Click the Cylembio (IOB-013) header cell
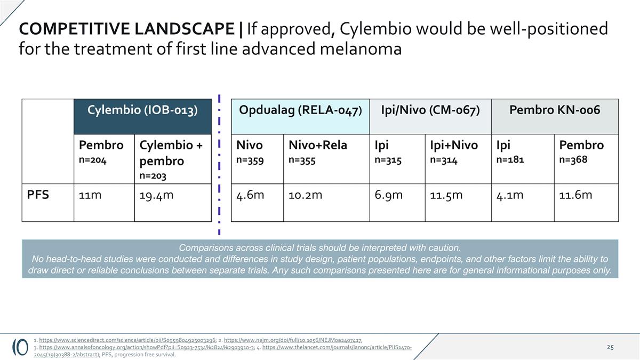(142, 110)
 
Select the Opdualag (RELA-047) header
(301, 110)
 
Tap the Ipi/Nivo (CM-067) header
(430, 110)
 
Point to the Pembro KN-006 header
(555, 110)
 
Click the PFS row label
(38, 195)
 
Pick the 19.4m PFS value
(156, 195)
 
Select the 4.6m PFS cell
(250, 195)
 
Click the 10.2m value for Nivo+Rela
(305, 195)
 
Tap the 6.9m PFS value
(389, 195)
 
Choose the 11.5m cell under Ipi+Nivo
(446, 195)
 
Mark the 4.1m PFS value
(510, 195)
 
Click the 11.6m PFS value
(575, 195)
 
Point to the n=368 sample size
(573, 159)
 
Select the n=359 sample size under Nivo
(250, 159)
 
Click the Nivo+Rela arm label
(318, 145)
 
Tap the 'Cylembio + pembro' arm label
(171, 153)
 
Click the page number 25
(610, 347)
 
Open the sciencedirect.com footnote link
(127, 340)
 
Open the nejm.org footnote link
(293, 340)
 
